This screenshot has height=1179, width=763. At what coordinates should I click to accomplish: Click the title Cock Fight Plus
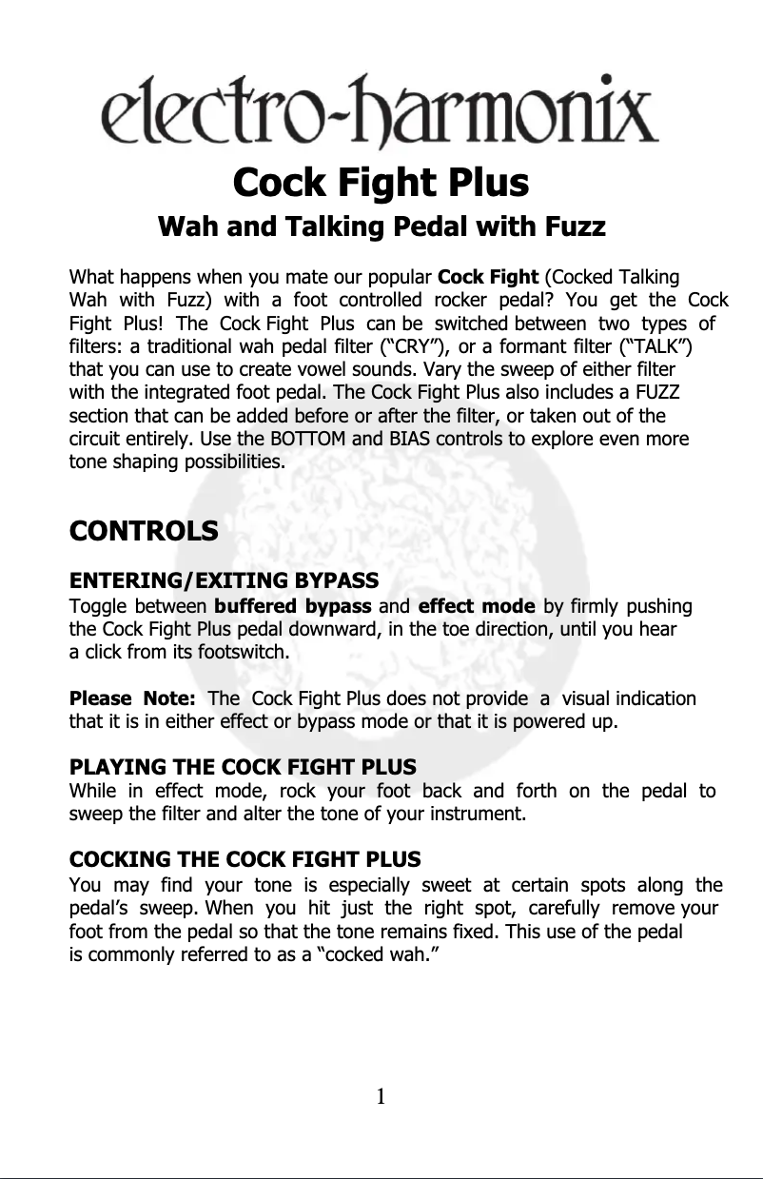click(381, 182)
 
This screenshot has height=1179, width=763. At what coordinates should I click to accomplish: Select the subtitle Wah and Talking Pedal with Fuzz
click(381, 228)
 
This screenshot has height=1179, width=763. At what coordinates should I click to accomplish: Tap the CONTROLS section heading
click(144, 530)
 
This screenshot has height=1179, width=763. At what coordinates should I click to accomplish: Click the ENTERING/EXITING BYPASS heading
click(225, 580)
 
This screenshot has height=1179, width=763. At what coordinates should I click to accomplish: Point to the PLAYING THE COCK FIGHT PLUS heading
click(244, 766)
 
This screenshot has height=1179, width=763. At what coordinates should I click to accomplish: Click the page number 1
click(381, 1097)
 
